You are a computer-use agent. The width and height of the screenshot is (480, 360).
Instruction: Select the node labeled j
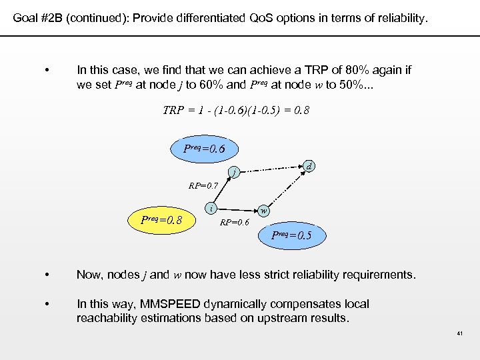(x=233, y=174)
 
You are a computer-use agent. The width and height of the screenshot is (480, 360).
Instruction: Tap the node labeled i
(x=211, y=207)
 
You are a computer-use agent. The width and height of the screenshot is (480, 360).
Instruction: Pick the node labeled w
(x=264, y=210)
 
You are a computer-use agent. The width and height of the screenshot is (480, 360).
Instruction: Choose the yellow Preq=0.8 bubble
(x=163, y=220)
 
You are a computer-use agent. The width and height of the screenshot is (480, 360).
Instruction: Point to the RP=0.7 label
(x=203, y=186)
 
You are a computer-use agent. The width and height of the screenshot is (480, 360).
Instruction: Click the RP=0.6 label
(x=235, y=222)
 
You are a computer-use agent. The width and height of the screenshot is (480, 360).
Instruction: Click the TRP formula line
(x=236, y=111)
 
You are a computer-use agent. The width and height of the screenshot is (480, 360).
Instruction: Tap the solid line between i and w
(x=237, y=208)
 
